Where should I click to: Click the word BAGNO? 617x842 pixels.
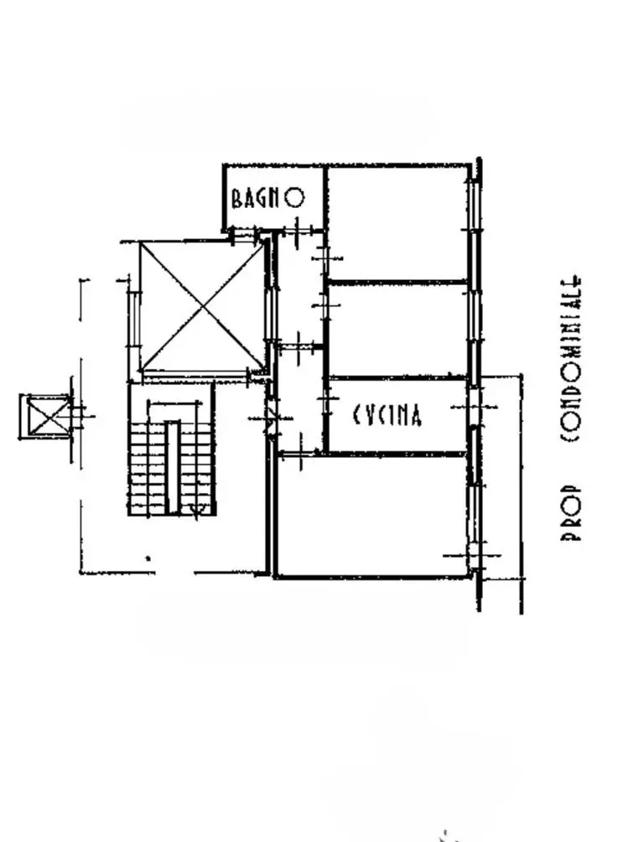tap(268, 198)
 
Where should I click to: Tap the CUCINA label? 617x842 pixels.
tap(387, 414)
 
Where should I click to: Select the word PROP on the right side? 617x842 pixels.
tap(570, 513)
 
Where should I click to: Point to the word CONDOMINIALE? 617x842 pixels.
tap(570, 359)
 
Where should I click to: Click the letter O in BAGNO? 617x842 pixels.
tap(294, 197)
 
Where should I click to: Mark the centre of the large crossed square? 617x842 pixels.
tap(203, 305)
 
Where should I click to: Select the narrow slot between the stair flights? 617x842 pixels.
tap(172, 467)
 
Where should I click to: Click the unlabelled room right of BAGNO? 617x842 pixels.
tap(397, 223)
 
